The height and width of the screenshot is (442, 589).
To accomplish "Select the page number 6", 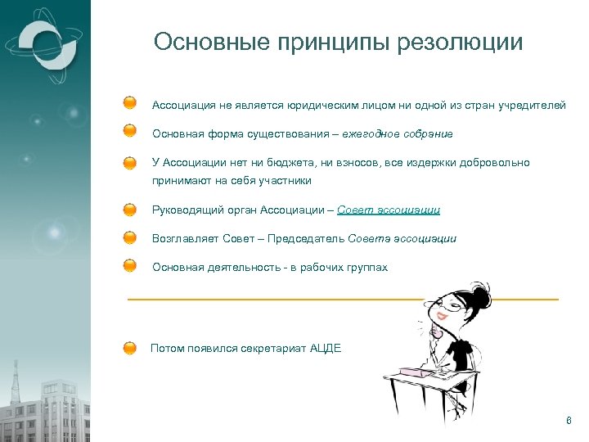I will [569, 421].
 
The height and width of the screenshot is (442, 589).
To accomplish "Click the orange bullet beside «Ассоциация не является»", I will [130, 105].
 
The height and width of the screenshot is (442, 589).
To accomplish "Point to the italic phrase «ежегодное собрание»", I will [406, 133].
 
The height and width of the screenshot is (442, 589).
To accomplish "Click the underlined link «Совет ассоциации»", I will [389, 210].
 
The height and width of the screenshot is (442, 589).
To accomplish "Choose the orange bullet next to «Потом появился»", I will [130, 348].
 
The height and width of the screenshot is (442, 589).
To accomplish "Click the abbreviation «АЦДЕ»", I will [326, 348].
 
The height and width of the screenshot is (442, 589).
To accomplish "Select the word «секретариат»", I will [273, 348].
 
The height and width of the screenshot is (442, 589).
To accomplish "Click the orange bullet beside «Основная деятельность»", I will [130, 267].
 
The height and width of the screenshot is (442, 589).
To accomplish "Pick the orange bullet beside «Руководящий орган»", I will [130, 210].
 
